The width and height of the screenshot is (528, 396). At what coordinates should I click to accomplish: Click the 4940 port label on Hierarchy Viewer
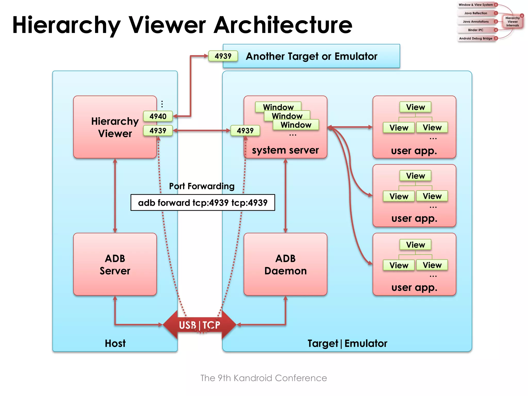[x=158, y=116]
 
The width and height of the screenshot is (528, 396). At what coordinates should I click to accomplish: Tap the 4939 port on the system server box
[x=245, y=131]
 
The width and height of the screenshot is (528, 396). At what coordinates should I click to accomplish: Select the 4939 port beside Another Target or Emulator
[x=223, y=56]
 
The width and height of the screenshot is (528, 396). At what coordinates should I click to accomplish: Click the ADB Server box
[x=115, y=264]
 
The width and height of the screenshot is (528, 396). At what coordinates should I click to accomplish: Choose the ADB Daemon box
[x=285, y=264]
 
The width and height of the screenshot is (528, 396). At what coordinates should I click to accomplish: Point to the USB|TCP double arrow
[x=200, y=325]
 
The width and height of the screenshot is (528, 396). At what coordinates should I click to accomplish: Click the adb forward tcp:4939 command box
[x=203, y=203]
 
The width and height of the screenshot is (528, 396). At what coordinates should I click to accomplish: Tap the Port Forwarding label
[x=202, y=186]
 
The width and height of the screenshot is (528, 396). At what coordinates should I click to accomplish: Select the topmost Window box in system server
[x=278, y=107]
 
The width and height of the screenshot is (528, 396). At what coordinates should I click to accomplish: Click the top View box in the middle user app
[x=415, y=176]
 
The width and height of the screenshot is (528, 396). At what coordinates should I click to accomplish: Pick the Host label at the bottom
[x=115, y=343]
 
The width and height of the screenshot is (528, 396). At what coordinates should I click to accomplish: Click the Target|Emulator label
[x=347, y=343]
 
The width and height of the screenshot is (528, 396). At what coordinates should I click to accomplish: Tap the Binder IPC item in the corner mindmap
[x=476, y=30]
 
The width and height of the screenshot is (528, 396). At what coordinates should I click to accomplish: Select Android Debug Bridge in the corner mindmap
[x=476, y=38]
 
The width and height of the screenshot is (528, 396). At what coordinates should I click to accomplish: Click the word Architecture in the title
[x=283, y=25]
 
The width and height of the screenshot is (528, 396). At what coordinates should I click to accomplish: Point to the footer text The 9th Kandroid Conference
[x=263, y=378]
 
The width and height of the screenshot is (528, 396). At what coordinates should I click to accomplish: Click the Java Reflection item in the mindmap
[x=476, y=13]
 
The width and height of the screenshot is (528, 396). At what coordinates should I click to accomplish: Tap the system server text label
[x=285, y=150]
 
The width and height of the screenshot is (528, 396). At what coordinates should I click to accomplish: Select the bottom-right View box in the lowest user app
[x=432, y=265]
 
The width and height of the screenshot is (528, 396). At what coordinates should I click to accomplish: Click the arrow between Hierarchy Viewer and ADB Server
[x=115, y=196]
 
